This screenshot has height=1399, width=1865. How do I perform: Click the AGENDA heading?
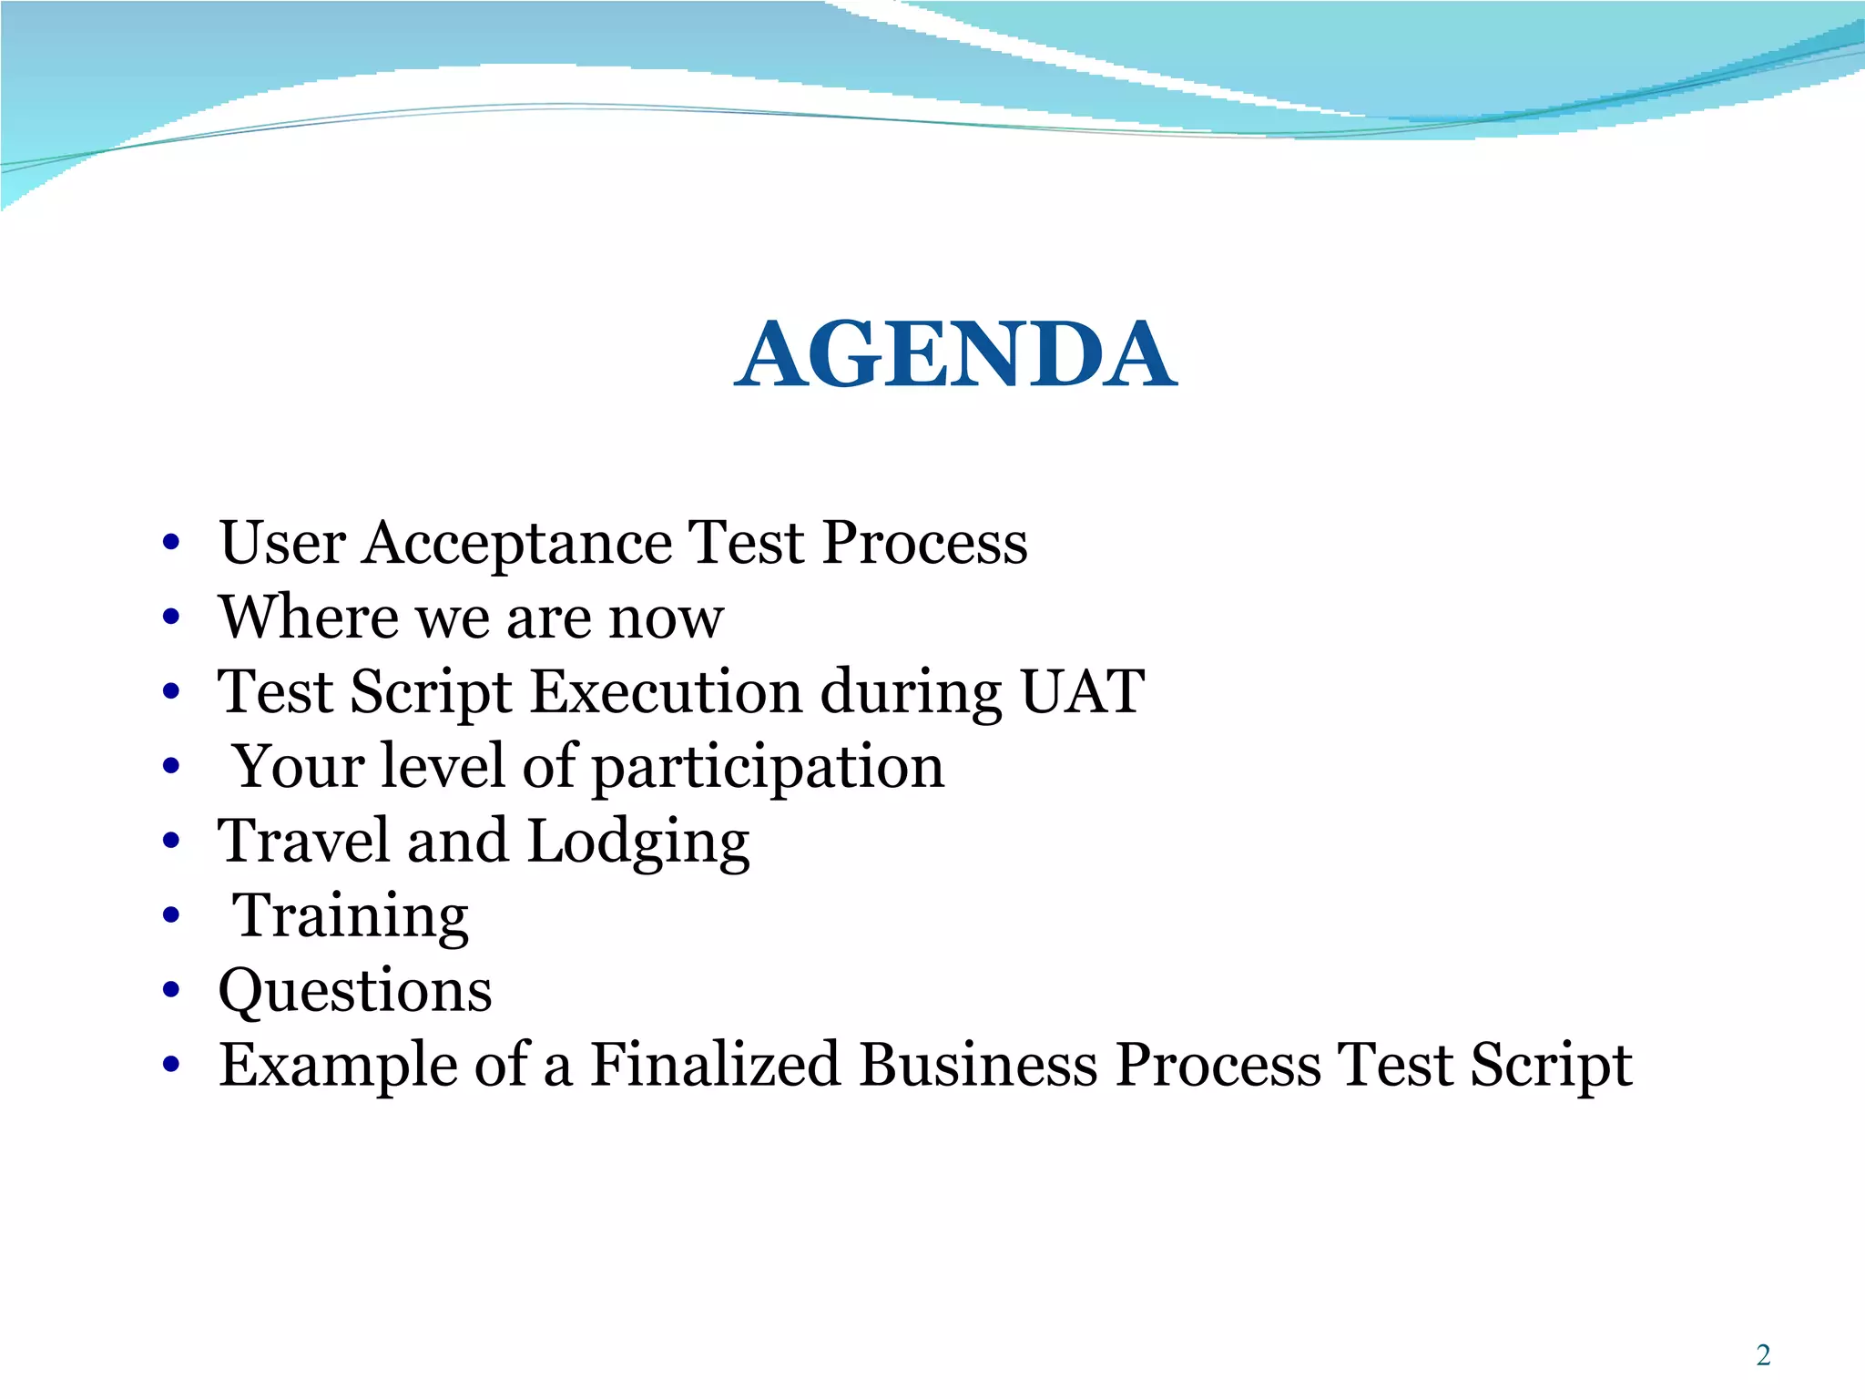coord(955,355)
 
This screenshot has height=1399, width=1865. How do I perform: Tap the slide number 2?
coord(1763,1355)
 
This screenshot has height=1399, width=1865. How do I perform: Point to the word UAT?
coord(1081,692)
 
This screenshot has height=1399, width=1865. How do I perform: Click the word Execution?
coord(666,692)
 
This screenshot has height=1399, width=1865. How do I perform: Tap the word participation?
coord(769,768)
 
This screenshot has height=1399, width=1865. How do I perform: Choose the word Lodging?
coord(638,842)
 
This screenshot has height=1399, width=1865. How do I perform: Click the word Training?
coord(351,916)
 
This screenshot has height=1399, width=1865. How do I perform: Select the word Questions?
coord(355,991)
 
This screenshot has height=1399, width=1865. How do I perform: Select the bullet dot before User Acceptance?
coord(170,544)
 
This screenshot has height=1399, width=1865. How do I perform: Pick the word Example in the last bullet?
coord(338,1066)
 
